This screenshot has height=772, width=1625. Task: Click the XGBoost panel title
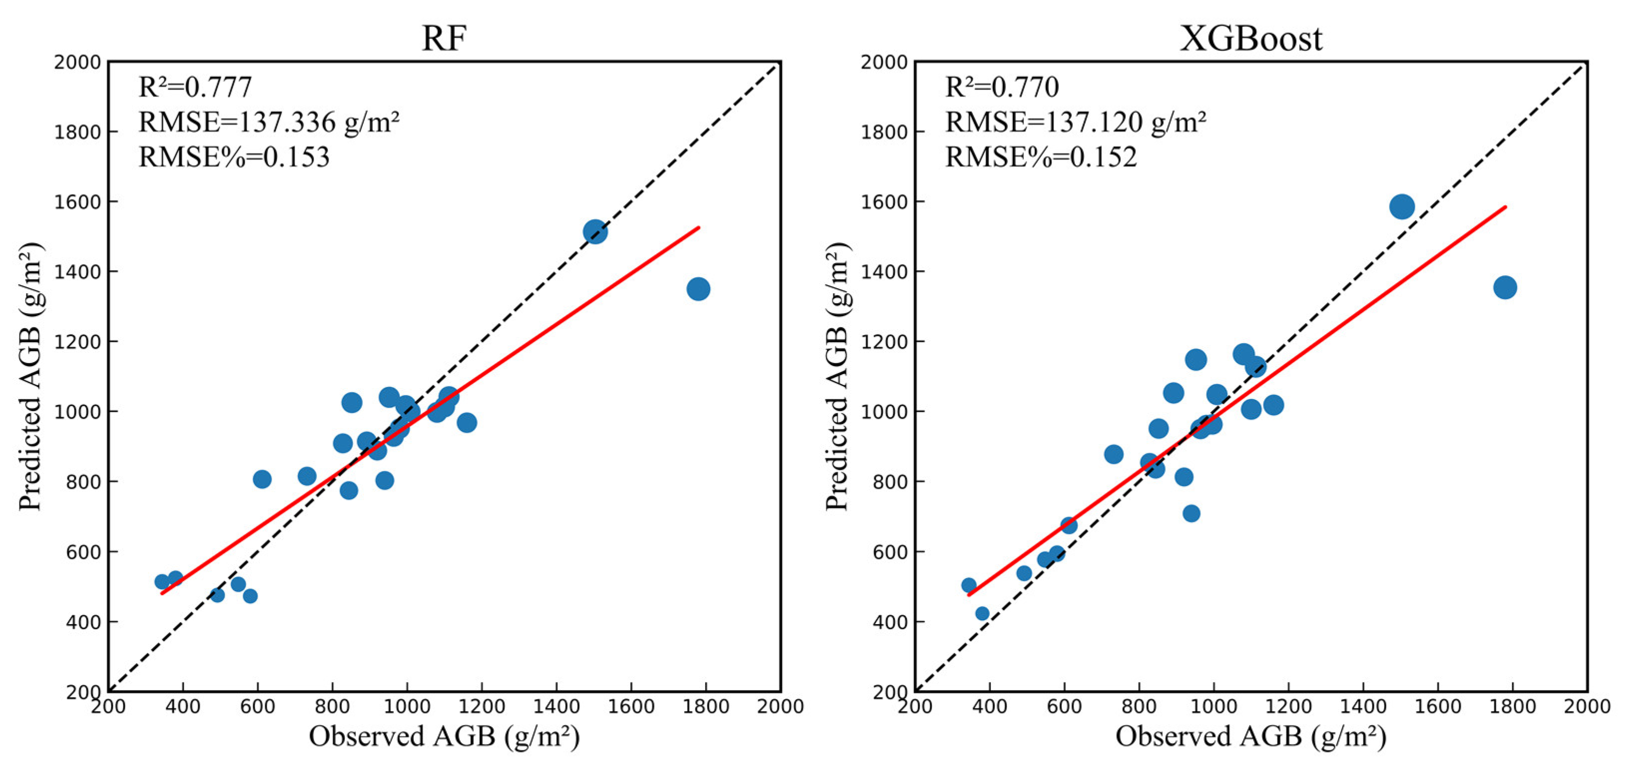tap(1251, 39)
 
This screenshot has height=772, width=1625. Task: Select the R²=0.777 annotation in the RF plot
tap(195, 87)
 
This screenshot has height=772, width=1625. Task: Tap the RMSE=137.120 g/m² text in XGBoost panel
tap(1075, 122)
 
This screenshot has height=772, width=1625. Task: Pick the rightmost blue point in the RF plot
tap(698, 289)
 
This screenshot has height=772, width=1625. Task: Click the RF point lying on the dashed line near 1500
tap(595, 232)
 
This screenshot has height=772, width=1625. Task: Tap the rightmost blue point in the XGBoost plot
tap(1505, 288)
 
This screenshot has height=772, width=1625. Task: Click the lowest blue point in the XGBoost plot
tap(982, 614)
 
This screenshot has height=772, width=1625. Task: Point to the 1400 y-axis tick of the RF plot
tap(77, 272)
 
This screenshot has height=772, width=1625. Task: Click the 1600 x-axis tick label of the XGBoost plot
tap(1438, 707)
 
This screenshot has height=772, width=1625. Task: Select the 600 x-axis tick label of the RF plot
tap(258, 707)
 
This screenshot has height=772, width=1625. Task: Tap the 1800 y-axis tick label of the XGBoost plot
tap(884, 132)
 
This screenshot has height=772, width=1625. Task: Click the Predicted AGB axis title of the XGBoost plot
tap(837, 377)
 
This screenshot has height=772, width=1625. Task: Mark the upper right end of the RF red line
tap(698, 227)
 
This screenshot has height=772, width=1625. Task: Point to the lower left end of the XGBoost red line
tap(969, 595)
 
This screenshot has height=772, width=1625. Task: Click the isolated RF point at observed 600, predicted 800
tap(262, 479)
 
